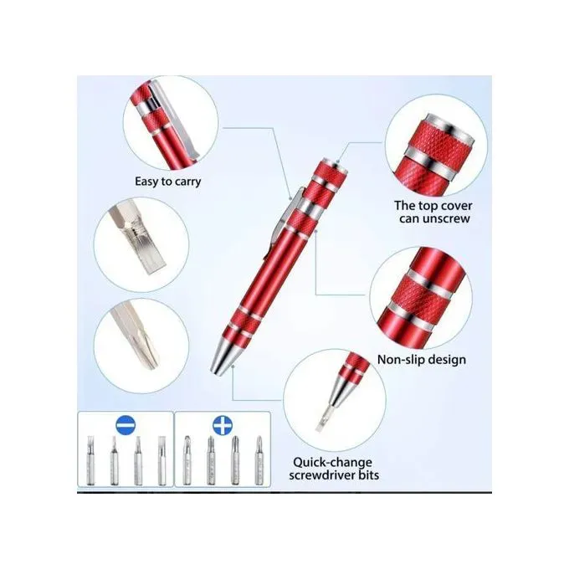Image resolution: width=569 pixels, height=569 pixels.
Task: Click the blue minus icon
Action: (124, 426)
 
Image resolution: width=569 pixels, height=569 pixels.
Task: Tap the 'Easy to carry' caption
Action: (168, 181)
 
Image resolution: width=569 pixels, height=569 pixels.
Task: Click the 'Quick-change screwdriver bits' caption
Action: (332, 469)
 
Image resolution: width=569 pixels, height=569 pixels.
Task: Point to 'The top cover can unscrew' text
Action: (432, 212)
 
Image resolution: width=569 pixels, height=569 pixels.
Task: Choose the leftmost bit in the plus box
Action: (189, 461)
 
